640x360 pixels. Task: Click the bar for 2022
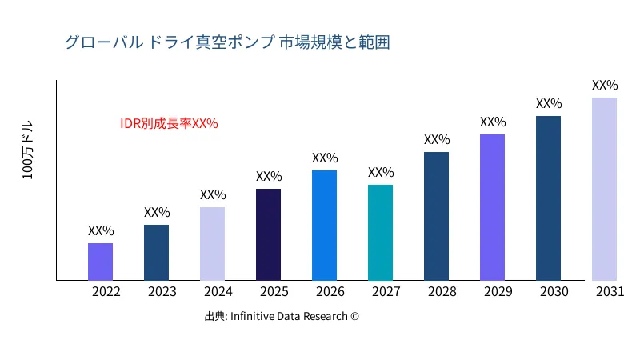100,262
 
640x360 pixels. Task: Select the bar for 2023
156,253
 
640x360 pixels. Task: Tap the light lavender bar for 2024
212,244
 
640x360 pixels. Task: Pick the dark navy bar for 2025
268,234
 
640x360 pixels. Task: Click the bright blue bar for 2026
324,226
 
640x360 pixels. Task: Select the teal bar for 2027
380,233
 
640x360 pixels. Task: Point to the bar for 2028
436,216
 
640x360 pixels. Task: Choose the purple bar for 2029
492,207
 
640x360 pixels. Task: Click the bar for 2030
548,198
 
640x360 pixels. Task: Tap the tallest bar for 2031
604,189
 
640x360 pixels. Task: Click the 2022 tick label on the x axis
106,292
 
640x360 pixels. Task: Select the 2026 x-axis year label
330,292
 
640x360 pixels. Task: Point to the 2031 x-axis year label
610,292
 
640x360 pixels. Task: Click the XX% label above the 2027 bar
381,173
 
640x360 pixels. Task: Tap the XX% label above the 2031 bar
605,86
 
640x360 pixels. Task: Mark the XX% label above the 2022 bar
101,231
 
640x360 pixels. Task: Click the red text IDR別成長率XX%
169,124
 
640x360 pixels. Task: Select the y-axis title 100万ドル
28,150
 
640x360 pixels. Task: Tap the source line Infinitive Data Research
282,316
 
